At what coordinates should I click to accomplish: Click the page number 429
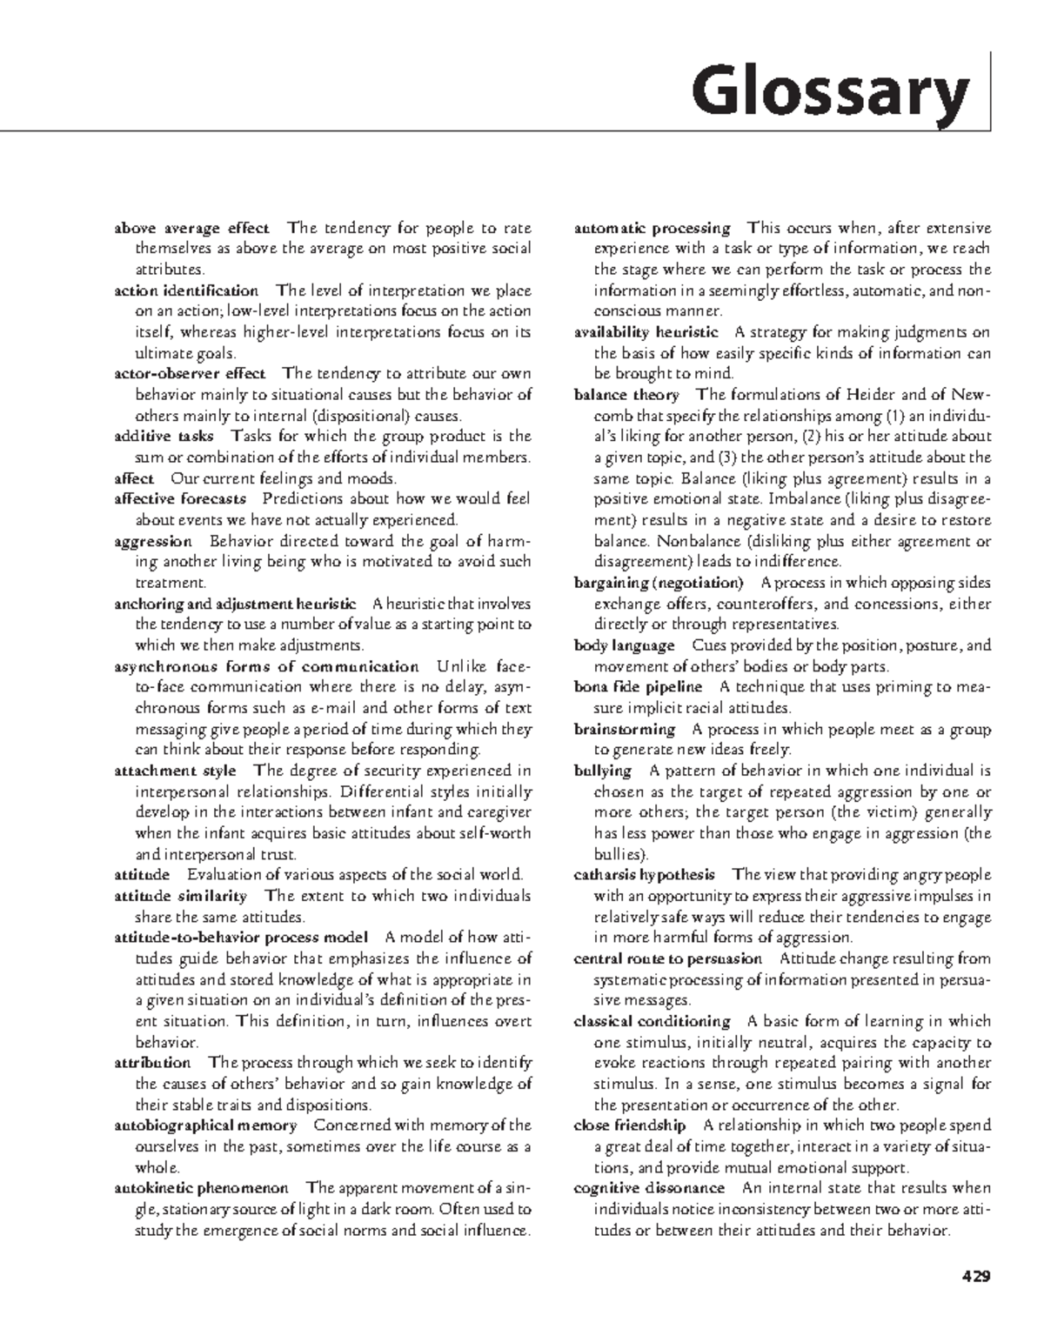point(975,1277)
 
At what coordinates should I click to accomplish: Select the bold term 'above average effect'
point(191,229)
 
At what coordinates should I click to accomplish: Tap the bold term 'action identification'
point(186,290)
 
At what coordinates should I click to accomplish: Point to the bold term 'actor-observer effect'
point(190,374)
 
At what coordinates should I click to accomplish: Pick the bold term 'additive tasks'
point(164,437)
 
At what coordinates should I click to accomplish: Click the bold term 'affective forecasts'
point(180,499)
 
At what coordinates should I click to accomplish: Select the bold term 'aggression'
point(152,541)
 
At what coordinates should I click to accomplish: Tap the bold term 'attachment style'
point(175,771)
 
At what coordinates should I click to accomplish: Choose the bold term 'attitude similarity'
point(180,896)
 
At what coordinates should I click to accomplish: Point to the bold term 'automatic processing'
point(652,229)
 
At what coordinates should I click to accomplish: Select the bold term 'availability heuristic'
point(646,332)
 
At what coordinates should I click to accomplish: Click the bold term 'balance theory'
point(626,395)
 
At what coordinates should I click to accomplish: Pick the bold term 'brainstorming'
point(624,729)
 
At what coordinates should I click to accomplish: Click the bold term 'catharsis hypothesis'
point(644,875)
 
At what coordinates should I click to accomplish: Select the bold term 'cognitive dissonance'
point(648,1188)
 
